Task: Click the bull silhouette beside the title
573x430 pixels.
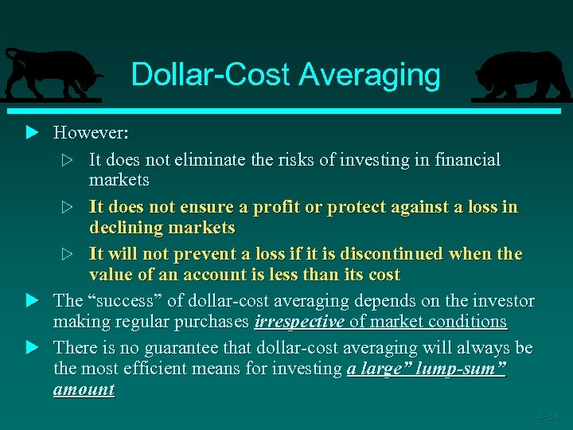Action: point(51,72)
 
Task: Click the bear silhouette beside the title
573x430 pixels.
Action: point(520,75)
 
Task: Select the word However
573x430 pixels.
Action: point(90,131)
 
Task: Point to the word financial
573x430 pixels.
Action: point(467,159)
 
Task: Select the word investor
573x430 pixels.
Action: point(502,300)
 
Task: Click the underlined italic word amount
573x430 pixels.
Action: point(84,389)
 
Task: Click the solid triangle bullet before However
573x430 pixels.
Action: point(32,131)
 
